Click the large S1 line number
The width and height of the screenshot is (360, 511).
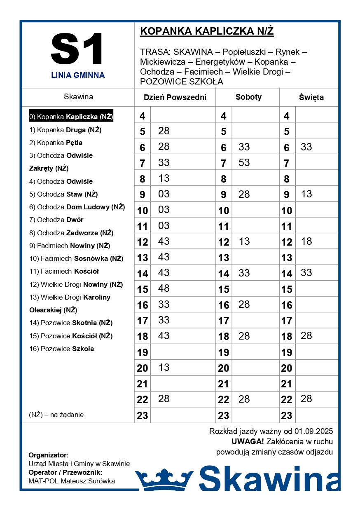77,49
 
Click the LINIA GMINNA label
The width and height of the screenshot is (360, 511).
78,75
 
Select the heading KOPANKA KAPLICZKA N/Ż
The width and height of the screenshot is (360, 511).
207,31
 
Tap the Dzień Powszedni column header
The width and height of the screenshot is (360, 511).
175,98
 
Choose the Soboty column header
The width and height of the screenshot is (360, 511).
248,97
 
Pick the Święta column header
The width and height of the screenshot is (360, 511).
311,98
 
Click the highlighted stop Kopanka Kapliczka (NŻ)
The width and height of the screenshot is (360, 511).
71,117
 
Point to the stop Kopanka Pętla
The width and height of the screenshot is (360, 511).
56,143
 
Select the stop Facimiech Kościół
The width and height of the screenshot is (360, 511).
64,271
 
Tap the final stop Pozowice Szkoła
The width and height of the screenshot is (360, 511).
62,349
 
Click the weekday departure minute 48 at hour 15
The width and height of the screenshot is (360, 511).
164,288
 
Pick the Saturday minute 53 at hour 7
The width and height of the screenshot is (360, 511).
244,162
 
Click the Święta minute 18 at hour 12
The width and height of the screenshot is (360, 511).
306,241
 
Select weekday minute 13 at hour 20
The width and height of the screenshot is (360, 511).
164,367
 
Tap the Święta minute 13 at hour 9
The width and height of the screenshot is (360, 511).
306,194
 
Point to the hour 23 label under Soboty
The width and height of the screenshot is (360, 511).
224,415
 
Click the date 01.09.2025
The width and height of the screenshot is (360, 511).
313,431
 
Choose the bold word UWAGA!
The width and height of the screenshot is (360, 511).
247,441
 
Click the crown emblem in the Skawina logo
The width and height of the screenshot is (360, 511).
164,478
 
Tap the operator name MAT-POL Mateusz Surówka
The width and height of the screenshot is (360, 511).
72,481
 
